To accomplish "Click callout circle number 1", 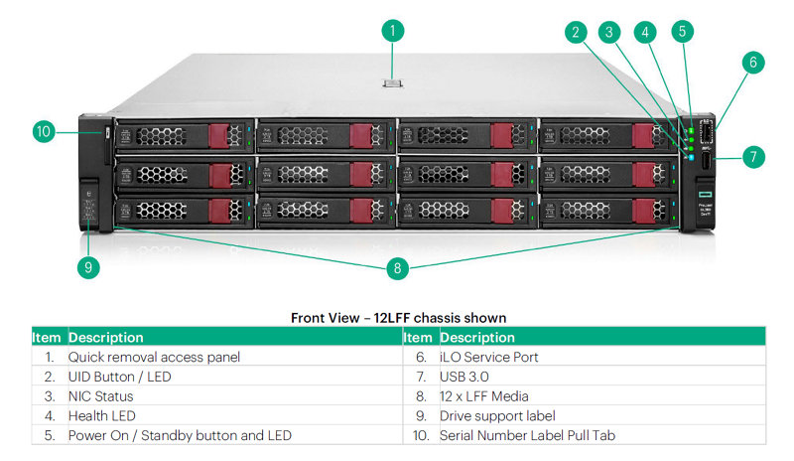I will tap(392, 31).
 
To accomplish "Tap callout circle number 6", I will tap(752, 63).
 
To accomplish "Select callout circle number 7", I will tap(752, 156).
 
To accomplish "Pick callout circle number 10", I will tap(43, 130).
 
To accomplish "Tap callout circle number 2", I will tap(575, 32).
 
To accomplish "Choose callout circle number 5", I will tap(681, 32).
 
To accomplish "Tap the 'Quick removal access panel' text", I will tap(154, 357).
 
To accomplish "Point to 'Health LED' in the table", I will tap(101, 415).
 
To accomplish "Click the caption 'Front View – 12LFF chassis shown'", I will tap(398, 318).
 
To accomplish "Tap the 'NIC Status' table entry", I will tap(100, 395).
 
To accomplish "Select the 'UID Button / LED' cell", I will tap(118, 377).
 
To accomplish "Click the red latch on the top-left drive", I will tap(219, 136).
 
